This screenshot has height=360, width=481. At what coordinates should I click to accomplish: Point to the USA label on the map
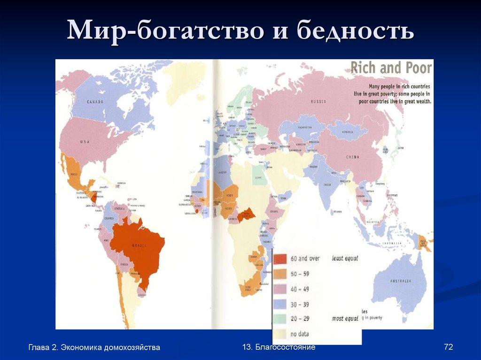point(85,142)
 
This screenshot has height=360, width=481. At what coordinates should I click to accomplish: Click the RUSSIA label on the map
point(318,101)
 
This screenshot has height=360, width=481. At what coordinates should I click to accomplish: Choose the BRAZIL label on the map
point(139,246)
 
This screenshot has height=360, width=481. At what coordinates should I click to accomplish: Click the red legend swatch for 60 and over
point(280,259)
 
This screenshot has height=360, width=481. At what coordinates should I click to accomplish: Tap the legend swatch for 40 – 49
point(280,289)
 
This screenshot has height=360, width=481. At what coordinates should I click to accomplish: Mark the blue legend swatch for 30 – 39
point(280,304)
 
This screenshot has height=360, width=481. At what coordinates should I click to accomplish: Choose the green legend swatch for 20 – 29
point(280,319)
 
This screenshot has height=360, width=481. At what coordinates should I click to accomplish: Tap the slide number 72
point(448,347)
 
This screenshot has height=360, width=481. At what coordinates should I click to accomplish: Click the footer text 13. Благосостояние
point(279,347)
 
